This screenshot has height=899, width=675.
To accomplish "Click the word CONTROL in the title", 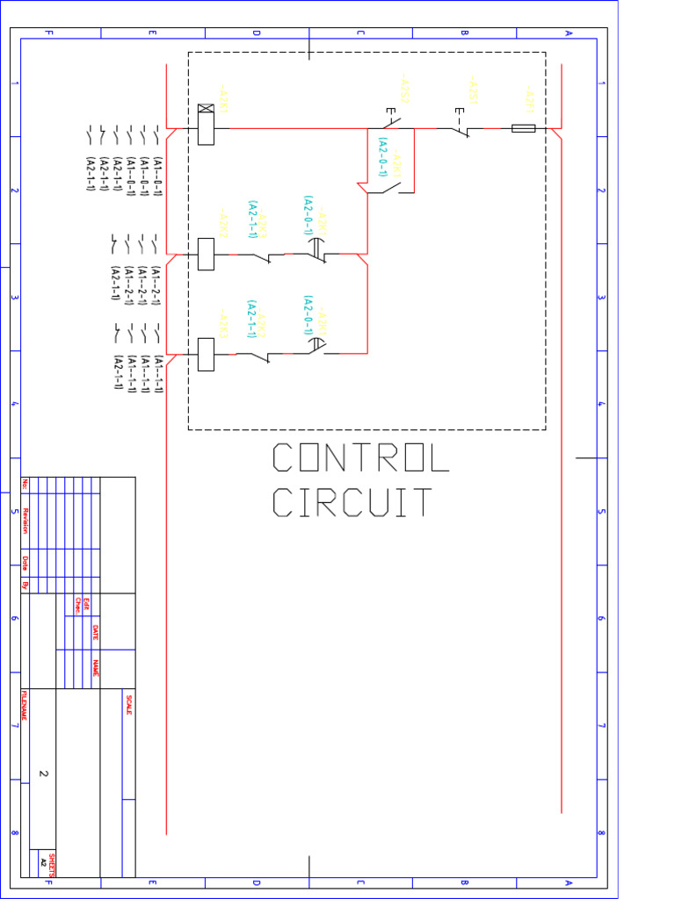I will click(x=360, y=458).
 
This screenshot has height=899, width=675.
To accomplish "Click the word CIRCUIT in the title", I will click(x=352, y=503).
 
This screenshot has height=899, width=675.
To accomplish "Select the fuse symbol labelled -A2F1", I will click(x=523, y=129).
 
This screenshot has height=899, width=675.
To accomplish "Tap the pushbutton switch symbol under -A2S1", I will click(x=461, y=126).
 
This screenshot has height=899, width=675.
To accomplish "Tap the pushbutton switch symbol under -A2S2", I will click(x=392, y=121).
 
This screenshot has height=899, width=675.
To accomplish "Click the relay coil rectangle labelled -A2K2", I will click(x=206, y=255).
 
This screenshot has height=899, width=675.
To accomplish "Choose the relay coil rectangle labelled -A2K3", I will click(x=206, y=355).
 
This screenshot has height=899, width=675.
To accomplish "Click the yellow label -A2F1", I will click(x=529, y=99).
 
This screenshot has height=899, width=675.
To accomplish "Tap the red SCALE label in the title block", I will click(x=128, y=704).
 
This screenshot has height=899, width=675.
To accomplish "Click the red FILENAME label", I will click(x=24, y=705).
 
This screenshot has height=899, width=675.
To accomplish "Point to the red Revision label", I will click(x=25, y=520).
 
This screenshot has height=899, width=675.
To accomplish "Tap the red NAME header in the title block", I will click(x=95, y=668).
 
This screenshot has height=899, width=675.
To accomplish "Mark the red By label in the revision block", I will click(x=25, y=584).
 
